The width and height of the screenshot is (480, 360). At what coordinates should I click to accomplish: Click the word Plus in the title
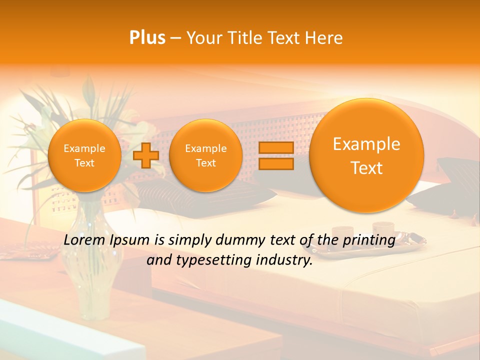click(147, 38)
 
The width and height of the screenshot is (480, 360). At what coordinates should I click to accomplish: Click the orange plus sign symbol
click(145, 155)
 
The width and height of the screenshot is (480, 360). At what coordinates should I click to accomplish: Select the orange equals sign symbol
click(276, 155)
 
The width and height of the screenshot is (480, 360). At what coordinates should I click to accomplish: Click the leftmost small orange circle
click(84, 155)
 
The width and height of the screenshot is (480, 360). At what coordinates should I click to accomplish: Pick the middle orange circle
click(205, 155)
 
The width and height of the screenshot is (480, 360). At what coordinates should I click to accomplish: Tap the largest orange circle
click(366, 155)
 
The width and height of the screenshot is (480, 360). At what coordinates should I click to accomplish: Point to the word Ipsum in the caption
click(130, 240)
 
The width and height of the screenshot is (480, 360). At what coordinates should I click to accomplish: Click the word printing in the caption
click(369, 240)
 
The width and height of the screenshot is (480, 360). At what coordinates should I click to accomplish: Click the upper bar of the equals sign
click(276, 148)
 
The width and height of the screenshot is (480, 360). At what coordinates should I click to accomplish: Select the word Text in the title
click(284, 38)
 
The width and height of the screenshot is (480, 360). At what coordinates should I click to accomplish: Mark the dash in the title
click(175, 38)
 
